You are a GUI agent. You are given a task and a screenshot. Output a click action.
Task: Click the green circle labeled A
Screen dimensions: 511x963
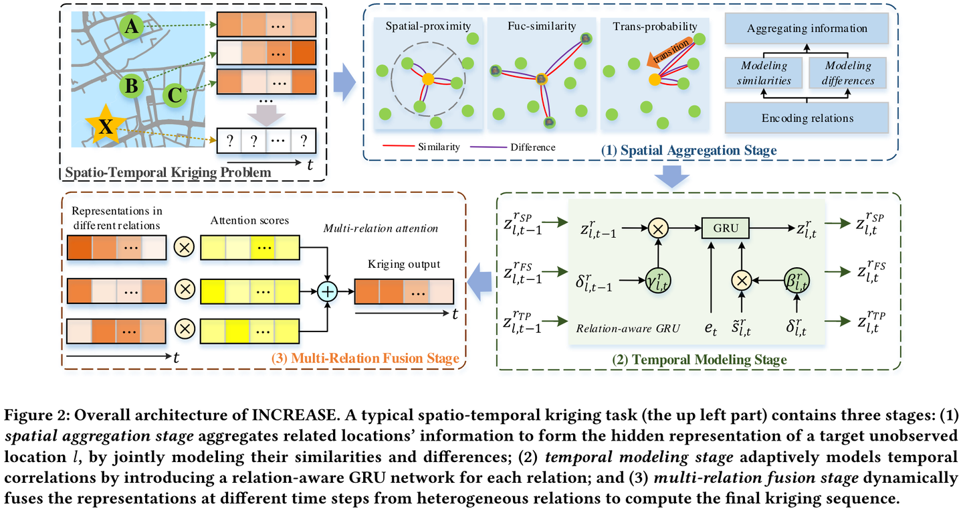133,27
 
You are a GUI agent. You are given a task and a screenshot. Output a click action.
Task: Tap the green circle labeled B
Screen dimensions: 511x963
132,86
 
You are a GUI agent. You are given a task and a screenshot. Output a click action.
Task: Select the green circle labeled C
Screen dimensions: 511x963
175,95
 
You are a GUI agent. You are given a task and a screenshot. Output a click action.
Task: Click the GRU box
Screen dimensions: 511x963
726,228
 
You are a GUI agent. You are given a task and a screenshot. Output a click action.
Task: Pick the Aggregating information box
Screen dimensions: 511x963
807,29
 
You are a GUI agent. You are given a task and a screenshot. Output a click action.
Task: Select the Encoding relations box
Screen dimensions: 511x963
807,118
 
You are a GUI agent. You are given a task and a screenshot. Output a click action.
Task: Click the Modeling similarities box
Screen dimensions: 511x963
764,73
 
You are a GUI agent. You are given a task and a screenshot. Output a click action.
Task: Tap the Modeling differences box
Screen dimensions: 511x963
849,73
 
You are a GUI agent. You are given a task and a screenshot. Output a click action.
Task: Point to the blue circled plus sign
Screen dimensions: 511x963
328,291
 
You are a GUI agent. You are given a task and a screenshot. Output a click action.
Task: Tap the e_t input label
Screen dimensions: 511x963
712,330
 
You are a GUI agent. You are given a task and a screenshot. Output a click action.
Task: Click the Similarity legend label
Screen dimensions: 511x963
440,147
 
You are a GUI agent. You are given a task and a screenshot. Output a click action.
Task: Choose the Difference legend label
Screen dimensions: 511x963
533,147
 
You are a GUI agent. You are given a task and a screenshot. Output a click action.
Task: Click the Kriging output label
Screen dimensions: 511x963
404,264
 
